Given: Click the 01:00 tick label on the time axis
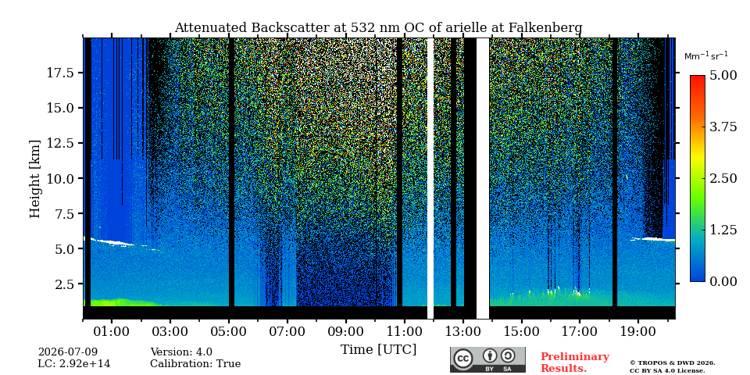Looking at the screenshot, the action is (112, 331).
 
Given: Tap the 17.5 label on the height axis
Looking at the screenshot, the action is (60, 73).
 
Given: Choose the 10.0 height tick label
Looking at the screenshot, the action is (60, 178).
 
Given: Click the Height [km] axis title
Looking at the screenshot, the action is (35, 179).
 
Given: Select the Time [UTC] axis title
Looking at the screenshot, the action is (378, 350).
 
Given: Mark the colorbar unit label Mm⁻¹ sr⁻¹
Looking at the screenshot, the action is (706, 55).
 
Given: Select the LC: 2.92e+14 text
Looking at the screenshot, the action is (74, 364).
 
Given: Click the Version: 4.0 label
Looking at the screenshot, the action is (181, 352).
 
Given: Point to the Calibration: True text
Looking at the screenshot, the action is (195, 364).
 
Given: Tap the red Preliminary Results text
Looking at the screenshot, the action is (575, 362).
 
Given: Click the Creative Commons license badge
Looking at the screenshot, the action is (487, 359).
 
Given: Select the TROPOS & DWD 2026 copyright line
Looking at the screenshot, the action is (673, 363).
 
